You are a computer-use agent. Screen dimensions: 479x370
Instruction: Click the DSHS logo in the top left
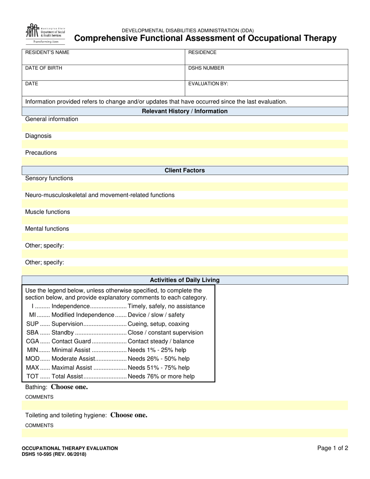[45, 33]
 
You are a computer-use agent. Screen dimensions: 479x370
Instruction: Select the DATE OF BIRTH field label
[44, 68]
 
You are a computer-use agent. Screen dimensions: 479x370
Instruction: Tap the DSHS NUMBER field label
[206, 68]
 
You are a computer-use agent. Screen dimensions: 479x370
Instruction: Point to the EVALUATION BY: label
[208, 83]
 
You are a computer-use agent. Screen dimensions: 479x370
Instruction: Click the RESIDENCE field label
[202, 52]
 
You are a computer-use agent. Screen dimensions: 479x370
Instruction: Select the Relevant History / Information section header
[185, 111]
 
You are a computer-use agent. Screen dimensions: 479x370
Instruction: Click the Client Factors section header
[185, 171]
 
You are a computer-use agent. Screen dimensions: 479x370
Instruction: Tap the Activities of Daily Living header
[185, 280]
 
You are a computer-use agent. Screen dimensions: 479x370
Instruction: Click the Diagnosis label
[38, 136]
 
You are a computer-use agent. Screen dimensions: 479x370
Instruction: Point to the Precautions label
[41, 153]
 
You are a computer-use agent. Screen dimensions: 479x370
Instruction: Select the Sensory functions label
[49, 178]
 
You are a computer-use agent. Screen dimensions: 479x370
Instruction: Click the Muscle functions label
[48, 212]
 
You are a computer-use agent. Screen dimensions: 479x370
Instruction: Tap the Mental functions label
[47, 229]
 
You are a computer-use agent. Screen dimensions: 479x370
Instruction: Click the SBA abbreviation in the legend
[32, 333]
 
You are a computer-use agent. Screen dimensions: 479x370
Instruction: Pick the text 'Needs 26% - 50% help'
[159, 359]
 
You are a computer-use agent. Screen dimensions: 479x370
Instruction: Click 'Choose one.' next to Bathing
[69, 387]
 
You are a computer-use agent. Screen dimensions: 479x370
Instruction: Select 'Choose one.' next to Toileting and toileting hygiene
[129, 415]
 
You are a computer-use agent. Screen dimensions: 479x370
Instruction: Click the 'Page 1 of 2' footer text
[333, 448]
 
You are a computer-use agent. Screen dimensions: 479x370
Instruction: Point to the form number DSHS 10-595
[54, 454]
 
